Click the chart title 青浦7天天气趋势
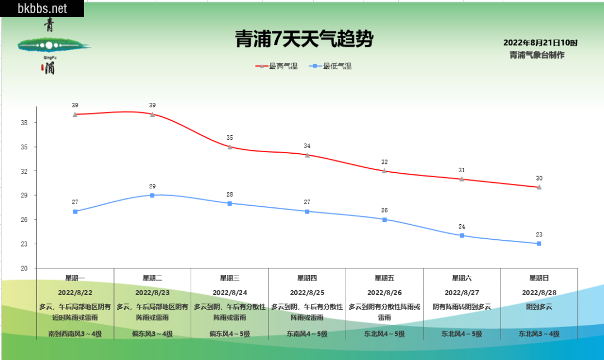coord(303,40)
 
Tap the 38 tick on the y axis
coord(24,123)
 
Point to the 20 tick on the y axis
coord(24,268)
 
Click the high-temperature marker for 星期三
coord(230,147)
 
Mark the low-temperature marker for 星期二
coord(152,195)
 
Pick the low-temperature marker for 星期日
coord(539,244)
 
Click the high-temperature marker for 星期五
coord(384,171)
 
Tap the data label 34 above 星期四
coord(307,146)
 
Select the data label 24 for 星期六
coord(462,226)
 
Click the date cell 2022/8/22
coord(75,292)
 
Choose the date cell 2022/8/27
coord(462,292)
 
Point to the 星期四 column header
coord(307,278)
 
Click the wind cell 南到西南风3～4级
coord(75,334)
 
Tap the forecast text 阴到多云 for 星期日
coord(539,306)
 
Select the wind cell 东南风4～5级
coord(307,334)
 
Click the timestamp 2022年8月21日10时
coord(540,43)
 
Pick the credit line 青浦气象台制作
coord(537,55)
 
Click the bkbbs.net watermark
coord(42,8)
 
